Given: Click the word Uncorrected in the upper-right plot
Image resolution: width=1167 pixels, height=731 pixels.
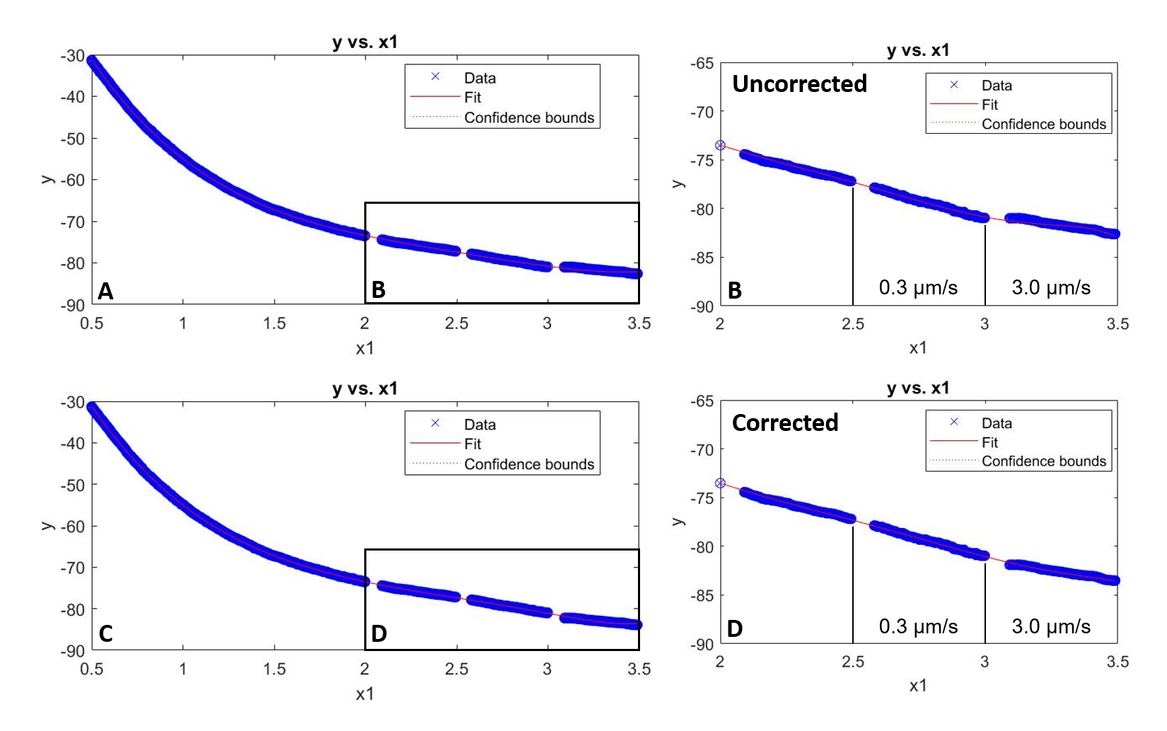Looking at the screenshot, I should click(x=799, y=84).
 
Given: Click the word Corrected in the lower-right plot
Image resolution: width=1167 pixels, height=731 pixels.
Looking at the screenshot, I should click(x=785, y=423).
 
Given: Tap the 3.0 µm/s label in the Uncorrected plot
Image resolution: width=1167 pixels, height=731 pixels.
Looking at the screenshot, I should click(x=1051, y=288).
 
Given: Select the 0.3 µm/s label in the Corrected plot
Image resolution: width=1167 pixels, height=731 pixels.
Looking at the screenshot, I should click(x=918, y=627).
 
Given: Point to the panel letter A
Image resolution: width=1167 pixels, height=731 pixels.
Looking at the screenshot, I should click(x=105, y=292).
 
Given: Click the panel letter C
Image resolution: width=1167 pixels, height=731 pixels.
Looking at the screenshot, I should click(x=106, y=634).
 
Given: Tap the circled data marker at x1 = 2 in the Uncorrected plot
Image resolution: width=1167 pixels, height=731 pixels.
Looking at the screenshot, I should click(x=720, y=146).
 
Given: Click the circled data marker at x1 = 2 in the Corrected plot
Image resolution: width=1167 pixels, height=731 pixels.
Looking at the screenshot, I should click(x=720, y=483).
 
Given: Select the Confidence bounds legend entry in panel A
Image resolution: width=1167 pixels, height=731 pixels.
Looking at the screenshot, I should click(x=529, y=118).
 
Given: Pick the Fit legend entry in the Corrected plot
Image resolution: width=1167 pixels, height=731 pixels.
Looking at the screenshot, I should click(x=989, y=442).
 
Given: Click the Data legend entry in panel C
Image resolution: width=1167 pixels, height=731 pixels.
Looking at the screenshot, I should click(x=480, y=425).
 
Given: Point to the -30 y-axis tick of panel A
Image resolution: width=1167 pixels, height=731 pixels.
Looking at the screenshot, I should click(x=73, y=56).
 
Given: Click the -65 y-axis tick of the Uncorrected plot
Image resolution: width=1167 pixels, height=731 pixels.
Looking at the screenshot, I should click(x=702, y=64).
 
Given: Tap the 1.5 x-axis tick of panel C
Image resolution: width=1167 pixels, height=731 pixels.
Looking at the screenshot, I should click(x=274, y=669).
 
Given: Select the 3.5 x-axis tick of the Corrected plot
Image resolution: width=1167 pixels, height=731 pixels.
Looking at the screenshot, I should click(x=1117, y=662).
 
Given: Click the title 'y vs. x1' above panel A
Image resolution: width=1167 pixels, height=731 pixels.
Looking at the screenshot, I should click(x=365, y=42).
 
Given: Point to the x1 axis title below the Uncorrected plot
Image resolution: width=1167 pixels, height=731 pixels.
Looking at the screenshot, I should click(x=918, y=348).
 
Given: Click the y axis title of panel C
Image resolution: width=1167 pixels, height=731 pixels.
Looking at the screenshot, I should click(x=47, y=526).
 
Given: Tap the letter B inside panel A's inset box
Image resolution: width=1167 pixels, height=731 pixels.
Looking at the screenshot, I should click(x=378, y=290).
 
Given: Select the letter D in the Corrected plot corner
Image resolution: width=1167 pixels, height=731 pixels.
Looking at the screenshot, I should click(x=735, y=629).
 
